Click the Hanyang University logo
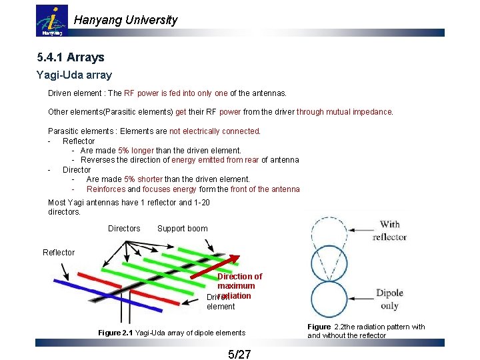pos(51,21)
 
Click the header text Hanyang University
pos(125,20)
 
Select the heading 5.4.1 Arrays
pos(71,57)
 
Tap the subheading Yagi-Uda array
pos(74,75)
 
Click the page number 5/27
pos(239,354)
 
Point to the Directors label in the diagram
pos(124,229)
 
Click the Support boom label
pos(182,229)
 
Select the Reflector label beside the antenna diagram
pos(59,253)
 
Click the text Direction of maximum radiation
pos(239,285)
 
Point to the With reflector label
pos(389,231)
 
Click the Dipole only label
pos(389,299)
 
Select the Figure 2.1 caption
pos(171,333)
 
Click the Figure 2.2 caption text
pos(365,331)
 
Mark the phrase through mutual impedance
pos(345,112)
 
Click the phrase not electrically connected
pos(215,131)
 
